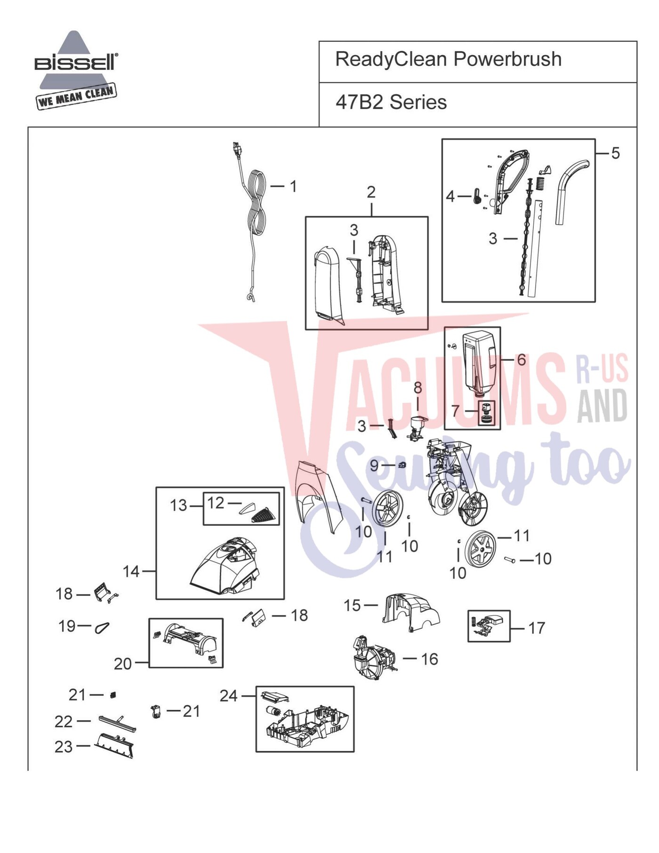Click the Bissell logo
pos(76,70)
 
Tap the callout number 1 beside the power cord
pos(293,186)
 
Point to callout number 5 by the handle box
pos(615,153)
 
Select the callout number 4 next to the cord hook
pos(450,196)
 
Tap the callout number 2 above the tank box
pos(371,192)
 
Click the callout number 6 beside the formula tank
pos(522,360)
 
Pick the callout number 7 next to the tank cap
pos(455,411)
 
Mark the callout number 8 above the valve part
pos(418,388)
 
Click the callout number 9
pos(374,466)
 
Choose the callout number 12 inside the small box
pos(216,503)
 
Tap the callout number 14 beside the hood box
pos(131,571)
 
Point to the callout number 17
pos(536,628)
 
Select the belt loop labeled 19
pos(102,628)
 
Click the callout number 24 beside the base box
pos(229,696)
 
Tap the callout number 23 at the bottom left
pos(64,747)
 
